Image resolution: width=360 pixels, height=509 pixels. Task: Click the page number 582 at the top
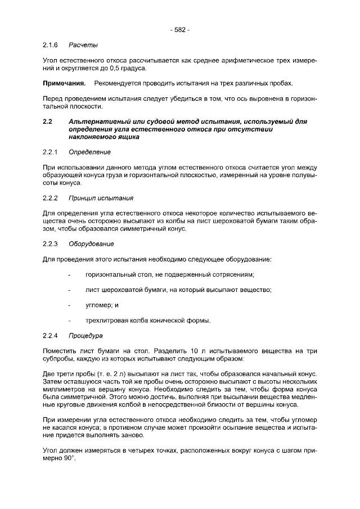180,30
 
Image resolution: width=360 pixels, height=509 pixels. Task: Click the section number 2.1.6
51,44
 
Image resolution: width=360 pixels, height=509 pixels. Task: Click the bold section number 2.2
48,121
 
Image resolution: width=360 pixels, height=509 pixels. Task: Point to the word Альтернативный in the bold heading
97,121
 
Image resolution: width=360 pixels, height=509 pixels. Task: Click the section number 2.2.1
51,152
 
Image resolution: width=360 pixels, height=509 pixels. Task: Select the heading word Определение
89,152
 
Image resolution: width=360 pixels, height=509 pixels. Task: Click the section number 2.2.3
51,244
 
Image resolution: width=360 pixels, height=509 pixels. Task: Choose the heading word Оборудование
91,244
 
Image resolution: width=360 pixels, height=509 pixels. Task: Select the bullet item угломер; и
102,305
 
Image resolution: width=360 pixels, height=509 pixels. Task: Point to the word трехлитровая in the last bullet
107,321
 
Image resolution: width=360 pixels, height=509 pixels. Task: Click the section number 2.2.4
51,336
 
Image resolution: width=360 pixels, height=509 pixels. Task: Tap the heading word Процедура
85,336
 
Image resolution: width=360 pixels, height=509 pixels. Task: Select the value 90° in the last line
68,458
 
